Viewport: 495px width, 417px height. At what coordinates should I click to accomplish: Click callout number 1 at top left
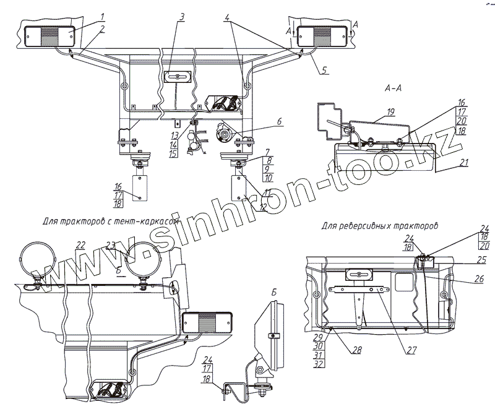coord(103,17)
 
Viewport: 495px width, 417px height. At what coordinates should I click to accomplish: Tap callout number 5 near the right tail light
coord(324,70)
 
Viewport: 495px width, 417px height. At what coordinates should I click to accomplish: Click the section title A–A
coord(394,87)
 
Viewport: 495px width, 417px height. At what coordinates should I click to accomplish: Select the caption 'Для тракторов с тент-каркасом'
coord(111,220)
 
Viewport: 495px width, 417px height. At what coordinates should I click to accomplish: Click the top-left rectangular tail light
coord(48,35)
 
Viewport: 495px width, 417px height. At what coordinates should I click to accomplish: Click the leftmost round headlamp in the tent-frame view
coord(38,259)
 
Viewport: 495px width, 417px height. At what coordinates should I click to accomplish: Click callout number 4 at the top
coord(229,19)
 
